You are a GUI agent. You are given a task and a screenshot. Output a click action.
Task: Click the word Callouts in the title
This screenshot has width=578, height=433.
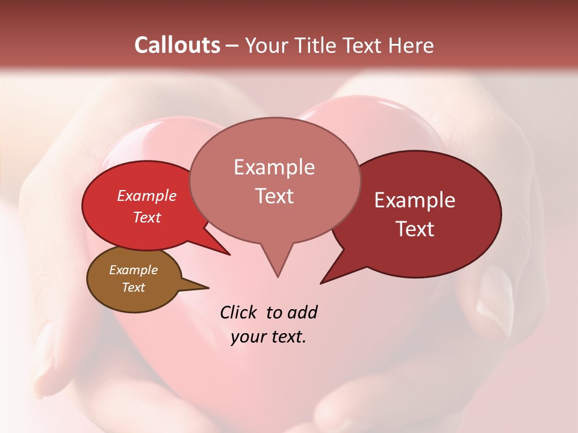[177, 45]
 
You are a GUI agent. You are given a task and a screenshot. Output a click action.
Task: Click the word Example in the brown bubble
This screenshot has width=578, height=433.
[133, 270]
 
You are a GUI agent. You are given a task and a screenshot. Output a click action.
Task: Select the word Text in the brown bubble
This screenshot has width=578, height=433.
[134, 287]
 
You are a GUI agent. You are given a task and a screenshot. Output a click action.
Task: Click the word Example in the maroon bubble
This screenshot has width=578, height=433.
[415, 200]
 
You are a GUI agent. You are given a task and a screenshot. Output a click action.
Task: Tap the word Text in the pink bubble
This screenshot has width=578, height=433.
[275, 196]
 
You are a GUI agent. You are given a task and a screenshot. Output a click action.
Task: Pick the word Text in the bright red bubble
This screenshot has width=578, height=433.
[147, 217]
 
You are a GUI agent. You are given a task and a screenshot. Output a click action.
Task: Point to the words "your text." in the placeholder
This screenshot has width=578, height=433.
[269, 337]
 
